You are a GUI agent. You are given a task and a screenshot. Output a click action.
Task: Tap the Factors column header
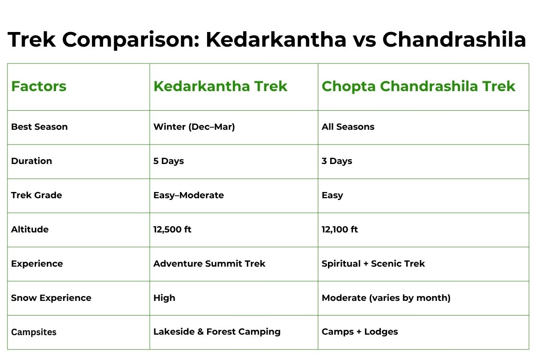coord(39,86)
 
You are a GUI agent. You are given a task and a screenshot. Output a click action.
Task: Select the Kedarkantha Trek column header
coord(220,86)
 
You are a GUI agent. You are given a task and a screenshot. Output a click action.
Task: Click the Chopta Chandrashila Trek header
coord(418,86)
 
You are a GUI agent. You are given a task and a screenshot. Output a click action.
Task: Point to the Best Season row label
coord(40,127)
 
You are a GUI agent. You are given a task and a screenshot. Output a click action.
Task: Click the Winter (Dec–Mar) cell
coord(194,127)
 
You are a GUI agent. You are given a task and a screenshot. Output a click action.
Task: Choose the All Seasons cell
coord(348,127)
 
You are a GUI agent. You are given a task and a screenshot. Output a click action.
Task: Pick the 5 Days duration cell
coord(168,161)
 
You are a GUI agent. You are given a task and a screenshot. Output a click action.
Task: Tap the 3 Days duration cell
coord(337,161)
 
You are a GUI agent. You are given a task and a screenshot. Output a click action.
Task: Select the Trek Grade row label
coord(36,196)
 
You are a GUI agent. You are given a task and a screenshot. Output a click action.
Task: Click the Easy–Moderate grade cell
coord(188,196)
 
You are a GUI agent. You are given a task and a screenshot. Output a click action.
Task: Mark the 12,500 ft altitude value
coord(172,230)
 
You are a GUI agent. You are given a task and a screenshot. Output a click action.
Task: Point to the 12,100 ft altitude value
coord(340,230)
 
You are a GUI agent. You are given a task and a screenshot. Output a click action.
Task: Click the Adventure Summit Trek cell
coord(209,264)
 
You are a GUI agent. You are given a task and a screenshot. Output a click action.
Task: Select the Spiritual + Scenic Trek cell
coord(373,264)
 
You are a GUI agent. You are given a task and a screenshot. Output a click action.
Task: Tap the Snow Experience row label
coord(51,298)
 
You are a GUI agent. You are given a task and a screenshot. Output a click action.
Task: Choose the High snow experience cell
coord(164,298)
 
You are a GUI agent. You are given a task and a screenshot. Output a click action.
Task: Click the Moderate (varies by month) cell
coord(386,298)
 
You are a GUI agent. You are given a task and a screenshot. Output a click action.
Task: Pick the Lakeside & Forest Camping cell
coord(217,332)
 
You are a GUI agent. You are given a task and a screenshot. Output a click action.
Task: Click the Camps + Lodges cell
coord(360,332)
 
